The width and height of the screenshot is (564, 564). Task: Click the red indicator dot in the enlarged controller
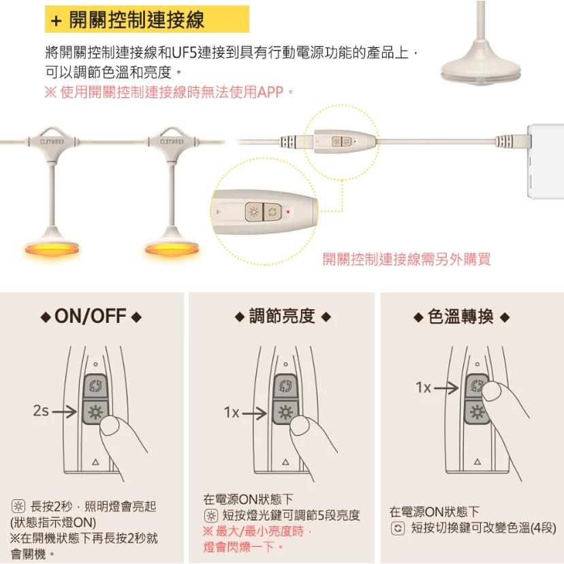(289, 212)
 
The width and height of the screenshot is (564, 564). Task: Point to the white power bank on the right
(544, 161)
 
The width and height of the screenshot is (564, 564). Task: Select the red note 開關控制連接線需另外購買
(406, 260)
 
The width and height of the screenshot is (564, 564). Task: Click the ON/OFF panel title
(91, 316)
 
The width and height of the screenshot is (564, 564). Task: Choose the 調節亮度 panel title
(282, 316)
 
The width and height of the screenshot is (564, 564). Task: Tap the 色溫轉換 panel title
(461, 317)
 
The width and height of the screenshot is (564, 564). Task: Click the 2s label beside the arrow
(40, 411)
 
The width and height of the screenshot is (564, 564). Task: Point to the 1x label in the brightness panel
(232, 412)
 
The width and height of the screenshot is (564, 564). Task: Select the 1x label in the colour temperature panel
(424, 388)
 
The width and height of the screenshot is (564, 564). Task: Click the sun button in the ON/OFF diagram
(94, 411)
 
